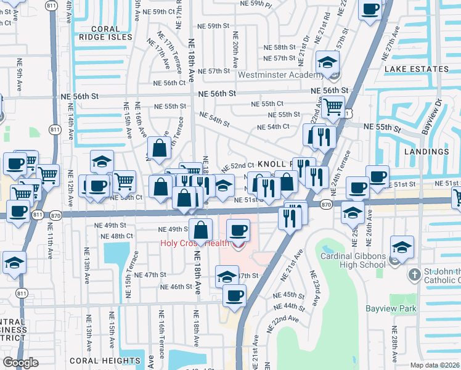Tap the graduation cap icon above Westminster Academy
coord(327,61)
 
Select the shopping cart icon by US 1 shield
coord(333,106)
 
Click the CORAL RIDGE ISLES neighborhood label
coord(104,33)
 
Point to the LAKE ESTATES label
coord(416,70)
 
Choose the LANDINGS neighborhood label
coord(426,152)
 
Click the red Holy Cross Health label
coord(194,243)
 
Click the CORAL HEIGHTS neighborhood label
coord(105,360)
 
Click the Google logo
coord(20,363)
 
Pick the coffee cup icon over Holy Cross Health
coord(238,231)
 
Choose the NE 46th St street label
coord(177,287)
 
